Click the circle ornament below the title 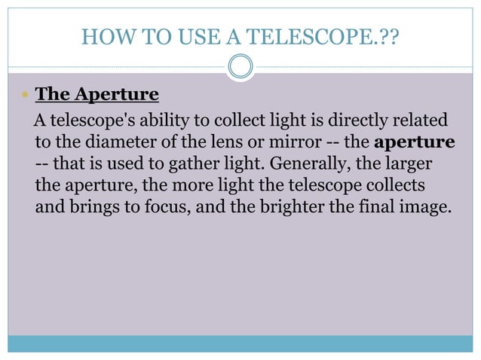(240, 68)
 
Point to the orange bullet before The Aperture (25, 96)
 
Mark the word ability (154, 121)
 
